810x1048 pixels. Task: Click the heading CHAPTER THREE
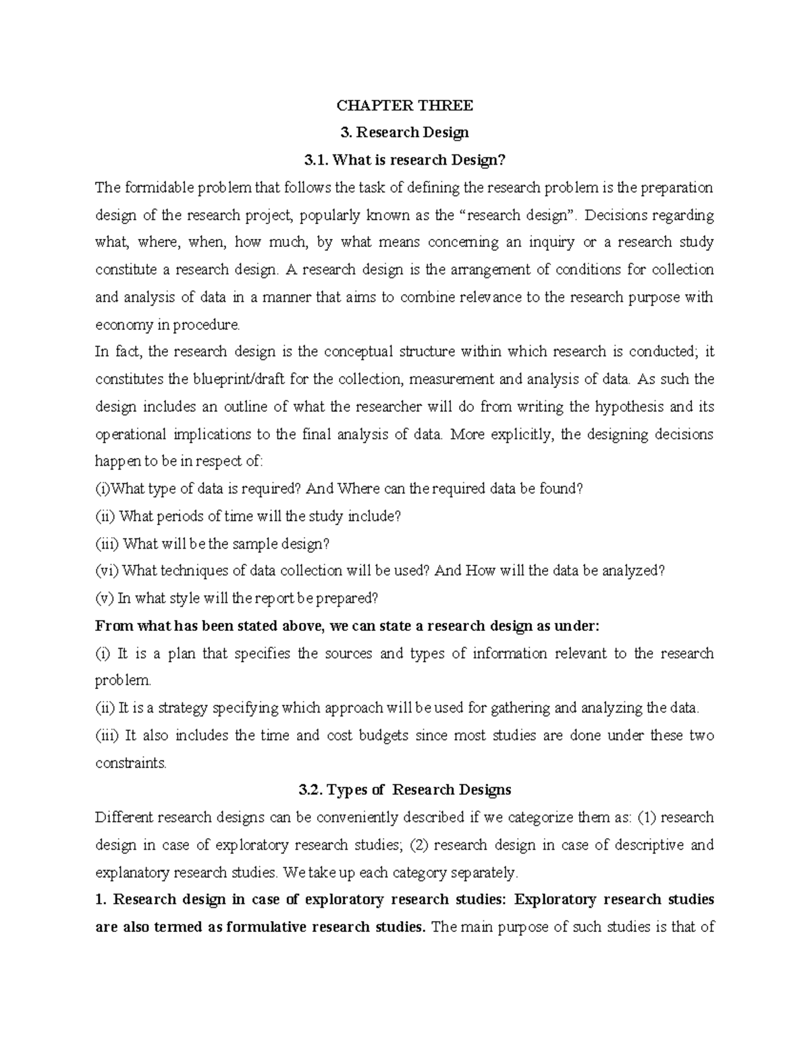pyautogui.click(x=404, y=105)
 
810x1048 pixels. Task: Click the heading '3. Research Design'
pyautogui.click(x=404, y=132)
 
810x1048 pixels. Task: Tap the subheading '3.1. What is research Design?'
pyautogui.click(x=404, y=160)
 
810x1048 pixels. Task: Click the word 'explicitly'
pyautogui.click(x=521, y=435)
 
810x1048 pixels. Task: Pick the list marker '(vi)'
pyautogui.click(x=107, y=571)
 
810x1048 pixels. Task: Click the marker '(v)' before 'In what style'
pyautogui.click(x=105, y=599)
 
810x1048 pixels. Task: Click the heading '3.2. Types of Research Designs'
pyautogui.click(x=404, y=790)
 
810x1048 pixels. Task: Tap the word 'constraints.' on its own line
pyautogui.click(x=130, y=763)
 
